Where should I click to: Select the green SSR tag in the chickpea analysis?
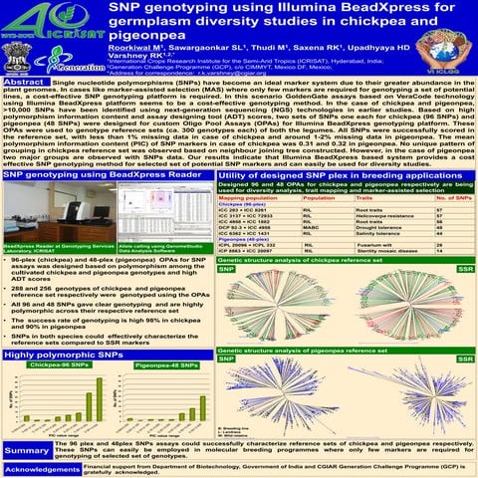point(464,269)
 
